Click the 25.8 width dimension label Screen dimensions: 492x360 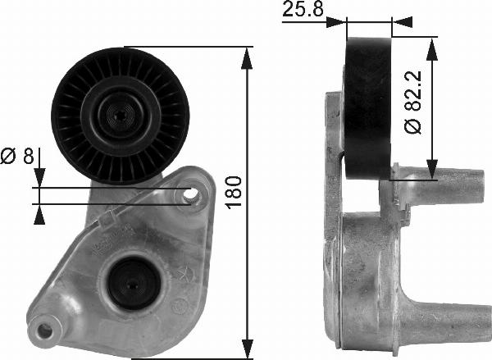click(303, 9)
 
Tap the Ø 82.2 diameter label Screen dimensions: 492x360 click(412, 103)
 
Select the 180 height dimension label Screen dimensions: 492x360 click(234, 193)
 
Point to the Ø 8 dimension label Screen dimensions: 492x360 click(17, 156)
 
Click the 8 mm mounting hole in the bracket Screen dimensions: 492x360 click(190, 195)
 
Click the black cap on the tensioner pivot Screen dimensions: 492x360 click(134, 284)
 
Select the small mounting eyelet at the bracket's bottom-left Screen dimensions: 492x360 click(44, 330)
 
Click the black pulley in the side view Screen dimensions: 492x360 click(368, 108)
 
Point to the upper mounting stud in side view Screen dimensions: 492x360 click(440, 186)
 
